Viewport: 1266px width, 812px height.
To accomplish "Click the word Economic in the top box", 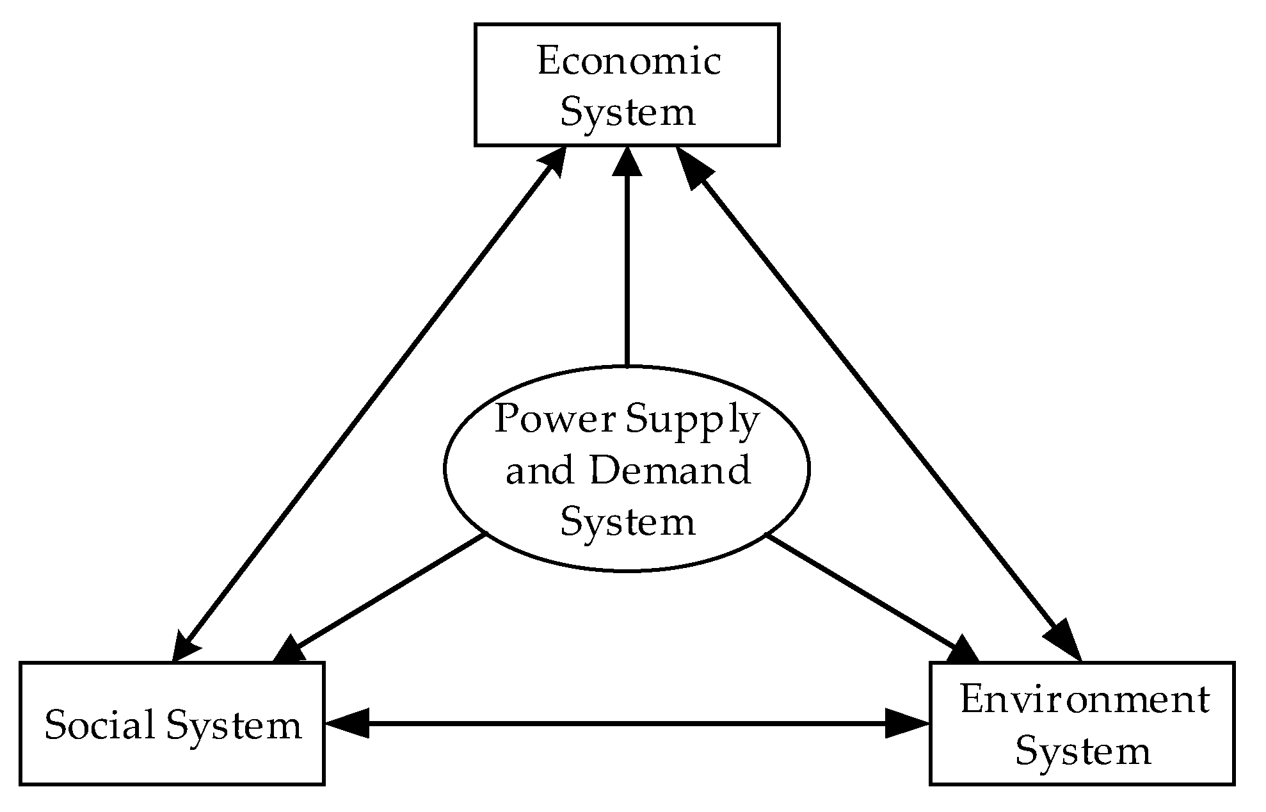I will [x=629, y=62].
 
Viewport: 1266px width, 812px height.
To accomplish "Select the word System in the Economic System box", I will [x=627, y=113].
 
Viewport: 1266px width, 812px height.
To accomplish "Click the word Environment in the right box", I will [x=1084, y=700].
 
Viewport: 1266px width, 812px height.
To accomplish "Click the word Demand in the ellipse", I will [x=669, y=471].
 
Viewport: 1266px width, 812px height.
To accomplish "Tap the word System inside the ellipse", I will [x=627, y=522].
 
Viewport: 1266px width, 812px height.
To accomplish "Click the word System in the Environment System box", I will [x=1083, y=751].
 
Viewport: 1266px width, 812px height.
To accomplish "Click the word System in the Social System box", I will [x=234, y=726].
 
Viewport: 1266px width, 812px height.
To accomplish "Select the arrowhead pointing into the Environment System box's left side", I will [x=908, y=724].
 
